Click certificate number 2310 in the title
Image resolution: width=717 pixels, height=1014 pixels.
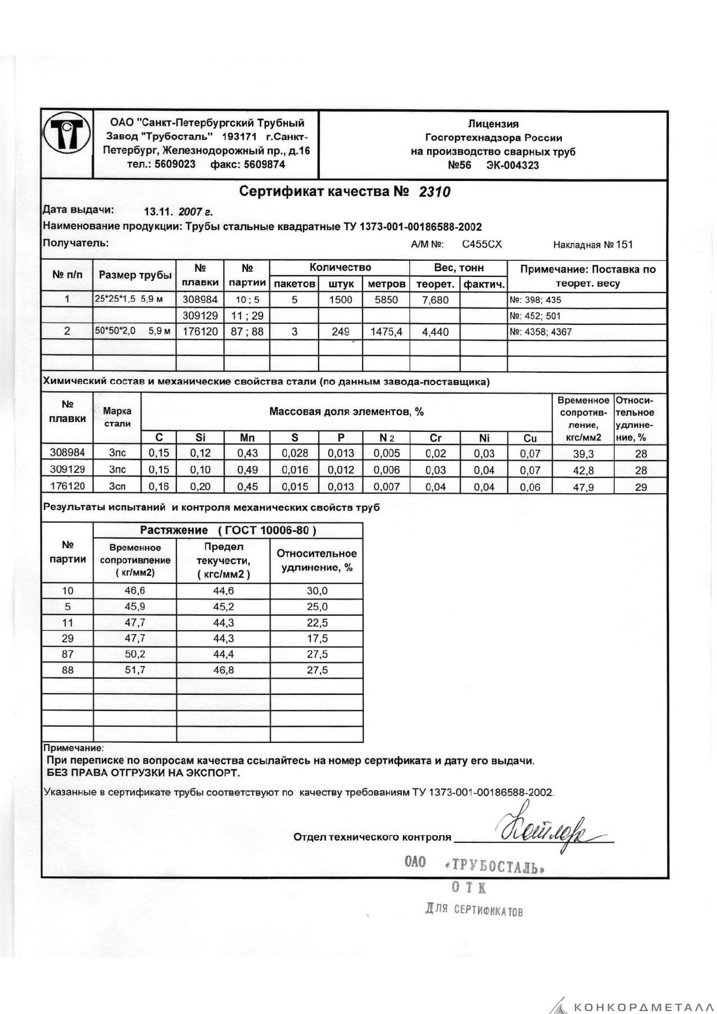coord(434,192)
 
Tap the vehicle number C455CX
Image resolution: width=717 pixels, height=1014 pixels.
coord(482,245)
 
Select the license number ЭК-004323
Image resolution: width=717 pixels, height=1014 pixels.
coord(513,165)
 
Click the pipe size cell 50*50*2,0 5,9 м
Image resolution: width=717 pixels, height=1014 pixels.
coord(134,331)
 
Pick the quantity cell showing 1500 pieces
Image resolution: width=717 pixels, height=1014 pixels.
coord(341,299)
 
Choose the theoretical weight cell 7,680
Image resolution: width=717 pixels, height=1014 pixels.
coord(435,299)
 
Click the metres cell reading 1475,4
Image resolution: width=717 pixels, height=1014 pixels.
coord(386,332)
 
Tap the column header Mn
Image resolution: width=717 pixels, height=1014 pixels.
coord(247,438)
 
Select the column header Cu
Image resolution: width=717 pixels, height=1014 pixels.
coord(530,438)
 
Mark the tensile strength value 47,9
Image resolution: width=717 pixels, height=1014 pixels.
coord(583,487)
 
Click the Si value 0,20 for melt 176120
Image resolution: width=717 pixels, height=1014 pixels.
coord(200,487)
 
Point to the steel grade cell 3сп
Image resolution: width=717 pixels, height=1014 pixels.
coord(117,487)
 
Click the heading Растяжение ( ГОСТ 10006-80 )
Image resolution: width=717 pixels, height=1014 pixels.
coord(228,530)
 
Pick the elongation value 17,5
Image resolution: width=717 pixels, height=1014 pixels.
coord(317,638)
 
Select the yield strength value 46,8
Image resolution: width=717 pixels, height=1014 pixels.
coord(223,670)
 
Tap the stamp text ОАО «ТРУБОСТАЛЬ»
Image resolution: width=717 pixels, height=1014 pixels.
coord(474,864)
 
